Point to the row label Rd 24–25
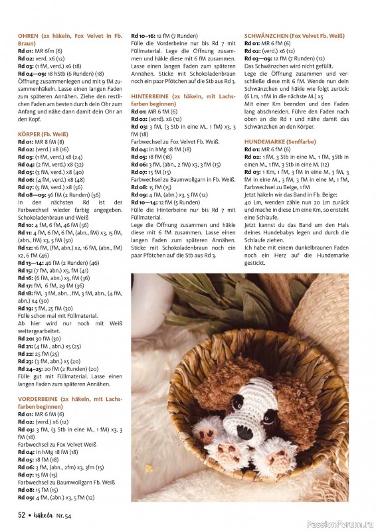tap(30, 367)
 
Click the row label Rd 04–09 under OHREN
tap(30, 73)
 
